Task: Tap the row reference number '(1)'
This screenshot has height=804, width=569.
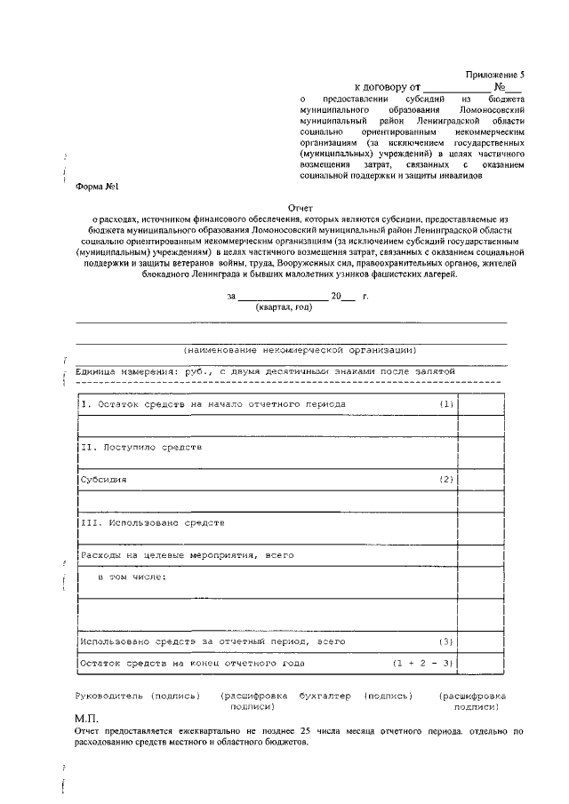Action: click(446, 404)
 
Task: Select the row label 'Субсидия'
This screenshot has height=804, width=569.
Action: click(104, 480)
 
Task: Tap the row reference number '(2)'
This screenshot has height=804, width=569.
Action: click(446, 480)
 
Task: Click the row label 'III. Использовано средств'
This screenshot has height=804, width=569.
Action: click(146, 523)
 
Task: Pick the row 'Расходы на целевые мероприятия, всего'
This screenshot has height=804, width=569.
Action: click(187, 554)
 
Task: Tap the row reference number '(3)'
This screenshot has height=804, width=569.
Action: click(446, 641)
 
